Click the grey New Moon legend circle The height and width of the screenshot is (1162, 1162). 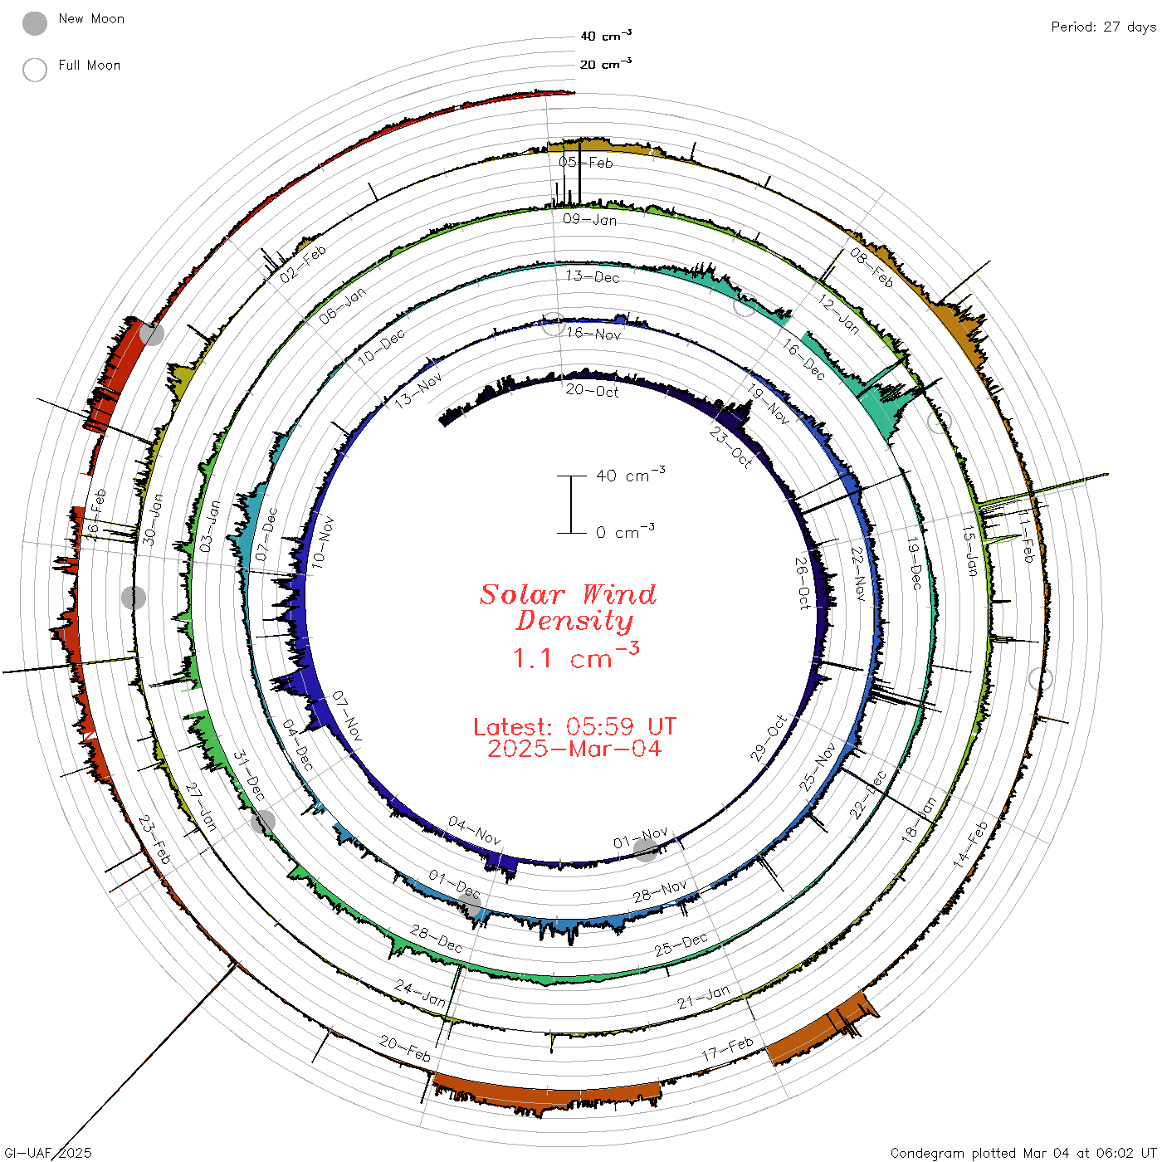pyautogui.click(x=34, y=23)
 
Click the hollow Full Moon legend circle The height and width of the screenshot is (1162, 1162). pyautogui.click(x=34, y=70)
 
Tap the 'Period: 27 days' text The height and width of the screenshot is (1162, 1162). pyautogui.click(x=1103, y=27)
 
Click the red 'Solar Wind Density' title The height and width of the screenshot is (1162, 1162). pyautogui.click(x=568, y=608)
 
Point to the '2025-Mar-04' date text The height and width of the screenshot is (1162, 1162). pyautogui.click(x=574, y=749)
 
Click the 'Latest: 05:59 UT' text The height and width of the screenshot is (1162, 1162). pyautogui.click(x=574, y=726)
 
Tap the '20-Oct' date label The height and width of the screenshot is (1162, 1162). pyautogui.click(x=592, y=391)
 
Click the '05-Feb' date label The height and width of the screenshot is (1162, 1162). pyautogui.click(x=585, y=162)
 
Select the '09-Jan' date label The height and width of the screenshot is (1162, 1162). pyautogui.click(x=590, y=219)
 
